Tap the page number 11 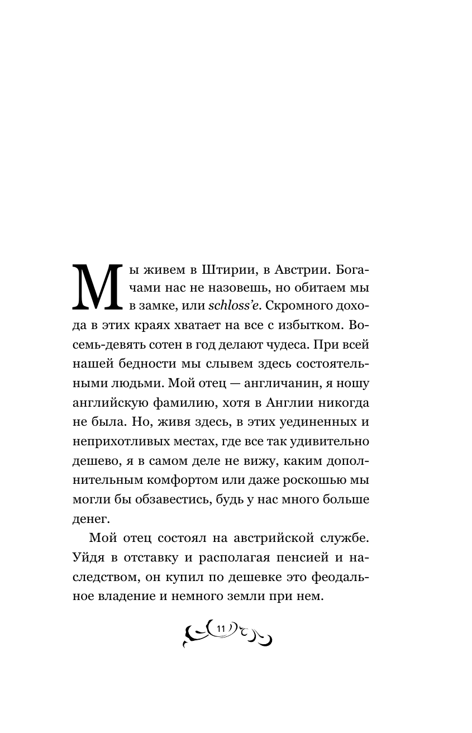pos(220,629)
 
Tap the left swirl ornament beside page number pos(196,634)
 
